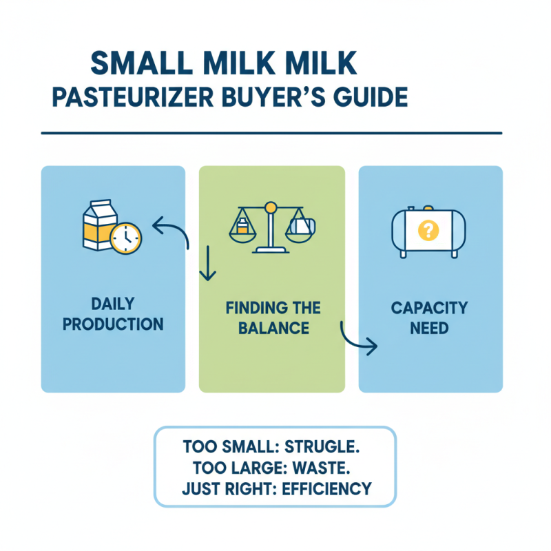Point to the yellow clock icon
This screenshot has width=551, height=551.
coord(125,238)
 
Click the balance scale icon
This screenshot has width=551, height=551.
coord(271,227)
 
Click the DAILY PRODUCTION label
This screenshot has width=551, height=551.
coord(113,313)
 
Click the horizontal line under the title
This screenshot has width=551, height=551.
coord(271,133)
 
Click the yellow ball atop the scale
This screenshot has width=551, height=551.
coord(271,206)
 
